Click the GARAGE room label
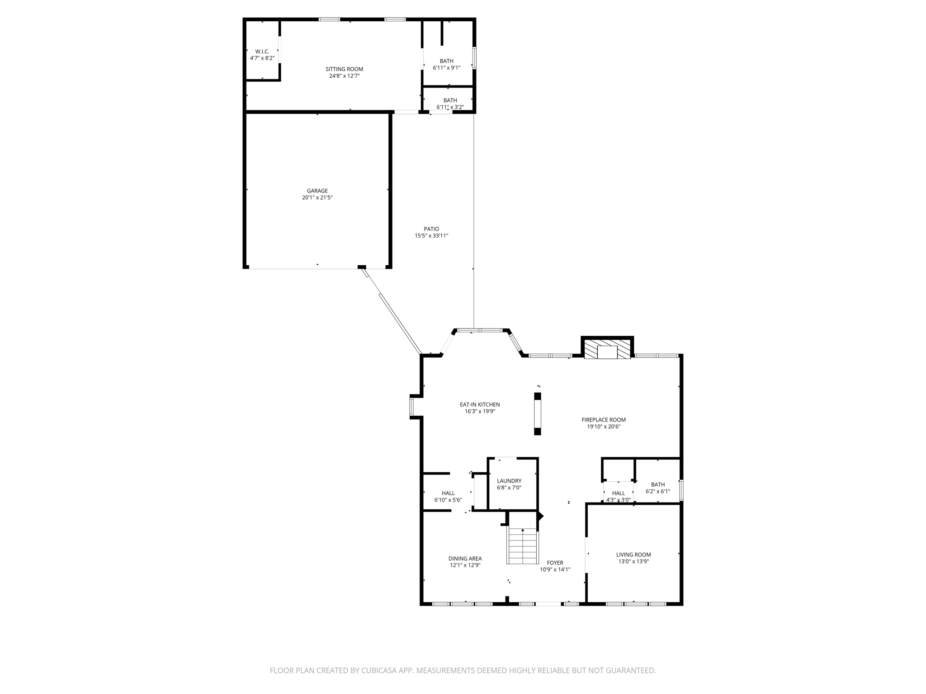317,191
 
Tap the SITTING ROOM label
344,69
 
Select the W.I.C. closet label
262,52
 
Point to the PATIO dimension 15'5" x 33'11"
431,236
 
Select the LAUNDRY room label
509,481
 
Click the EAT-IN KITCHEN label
480,404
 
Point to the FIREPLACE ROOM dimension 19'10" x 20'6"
604,427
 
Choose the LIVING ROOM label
633,554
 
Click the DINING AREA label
465,558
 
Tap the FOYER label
555,563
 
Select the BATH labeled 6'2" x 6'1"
658,485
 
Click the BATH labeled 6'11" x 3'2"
450,100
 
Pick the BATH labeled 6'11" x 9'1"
446,61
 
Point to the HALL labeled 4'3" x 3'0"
618,493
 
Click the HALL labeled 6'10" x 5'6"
448,493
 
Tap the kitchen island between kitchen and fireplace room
538,414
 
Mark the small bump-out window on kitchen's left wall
411,406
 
